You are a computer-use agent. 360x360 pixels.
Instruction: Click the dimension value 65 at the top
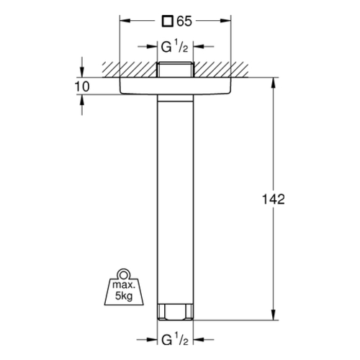pyautogui.click(x=184, y=21)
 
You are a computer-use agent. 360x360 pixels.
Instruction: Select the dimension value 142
pyautogui.click(x=274, y=199)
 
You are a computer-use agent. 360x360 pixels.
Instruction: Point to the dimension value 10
pyautogui.click(x=82, y=86)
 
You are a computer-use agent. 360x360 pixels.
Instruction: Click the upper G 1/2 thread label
pyautogui.click(x=174, y=47)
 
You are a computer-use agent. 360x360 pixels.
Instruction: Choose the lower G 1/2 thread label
pyautogui.click(x=174, y=340)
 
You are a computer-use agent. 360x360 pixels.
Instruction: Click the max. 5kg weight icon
pyautogui.click(x=124, y=287)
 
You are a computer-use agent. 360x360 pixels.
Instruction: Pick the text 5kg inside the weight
pyautogui.click(x=124, y=296)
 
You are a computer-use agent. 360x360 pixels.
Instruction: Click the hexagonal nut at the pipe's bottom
pyautogui.click(x=175, y=312)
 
